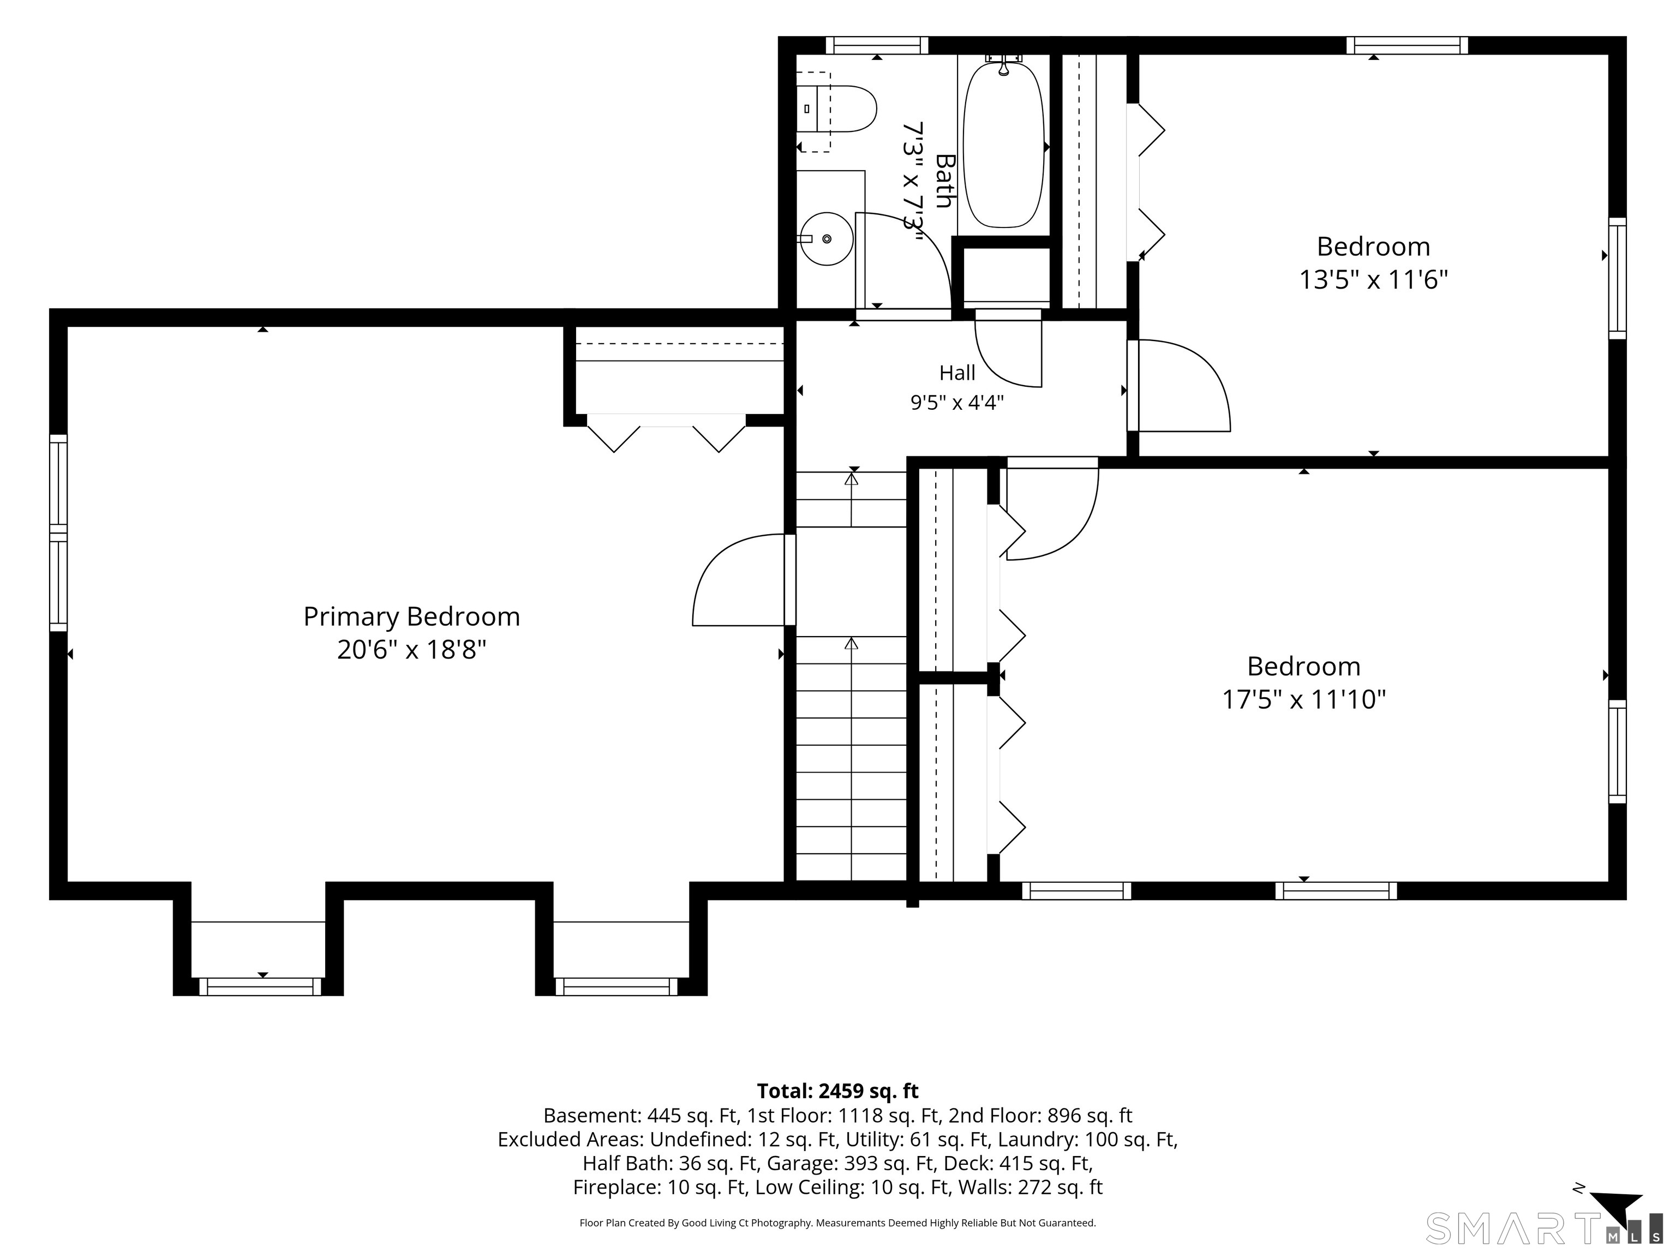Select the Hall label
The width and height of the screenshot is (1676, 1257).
click(x=957, y=373)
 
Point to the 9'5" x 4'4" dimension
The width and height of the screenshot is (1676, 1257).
click(x=957, y=402)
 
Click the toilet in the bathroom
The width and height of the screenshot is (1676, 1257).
click(x=836, y=110)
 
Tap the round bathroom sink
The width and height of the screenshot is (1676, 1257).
click(x=826, y=238)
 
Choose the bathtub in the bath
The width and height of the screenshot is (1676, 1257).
click(x=1003, y=144)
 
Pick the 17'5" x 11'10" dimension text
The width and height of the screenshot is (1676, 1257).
click(x=1303, y=699)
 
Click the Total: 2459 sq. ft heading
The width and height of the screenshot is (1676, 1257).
click(x=837, y=1091)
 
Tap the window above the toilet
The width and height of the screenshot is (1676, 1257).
click(x=877, y=45)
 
